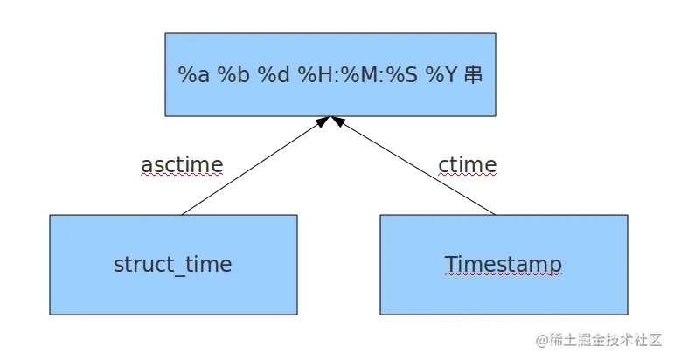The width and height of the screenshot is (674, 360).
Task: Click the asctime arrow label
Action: [182, 164]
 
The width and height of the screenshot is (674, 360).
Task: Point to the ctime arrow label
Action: [468, 164]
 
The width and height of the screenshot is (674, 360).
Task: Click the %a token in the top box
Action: [194, 75]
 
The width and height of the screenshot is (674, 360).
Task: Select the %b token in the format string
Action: [233, 75]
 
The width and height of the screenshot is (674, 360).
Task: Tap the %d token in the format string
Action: [273, 75]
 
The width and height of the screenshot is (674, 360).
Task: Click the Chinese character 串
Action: [474, 75]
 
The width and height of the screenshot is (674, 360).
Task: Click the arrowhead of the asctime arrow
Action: [323, 121]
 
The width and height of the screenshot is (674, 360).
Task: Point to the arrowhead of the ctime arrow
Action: [337, 121]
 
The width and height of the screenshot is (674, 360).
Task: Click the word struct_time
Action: [173, 264]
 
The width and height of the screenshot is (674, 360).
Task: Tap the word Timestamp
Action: [503, 264]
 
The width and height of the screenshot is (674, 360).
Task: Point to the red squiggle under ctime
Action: [468, 175]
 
